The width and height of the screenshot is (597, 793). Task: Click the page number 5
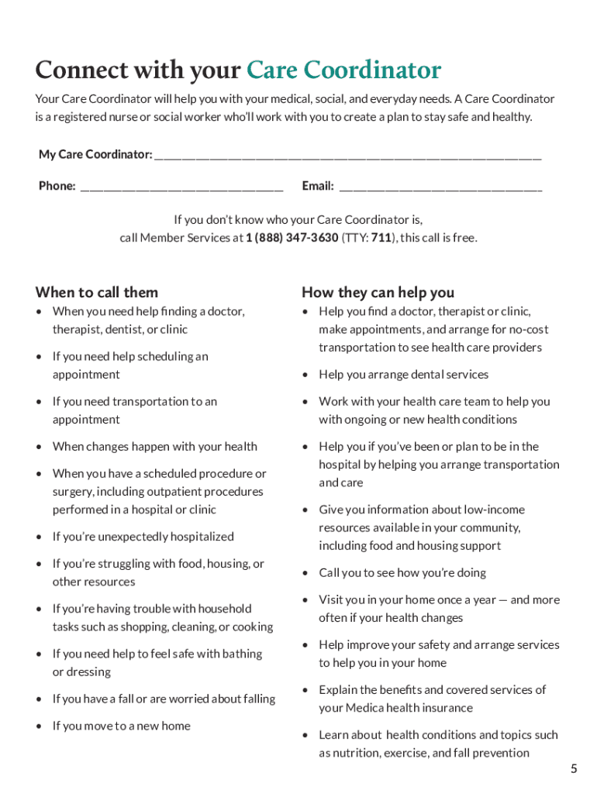(x=574, y=769)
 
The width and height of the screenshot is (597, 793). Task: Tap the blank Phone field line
(x=181, y=188)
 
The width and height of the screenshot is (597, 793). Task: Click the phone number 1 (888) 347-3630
(x=292, y=238)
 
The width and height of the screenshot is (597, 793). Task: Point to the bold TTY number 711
(x=381, y=238)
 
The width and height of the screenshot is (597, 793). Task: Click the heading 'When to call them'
(x=97, y=292)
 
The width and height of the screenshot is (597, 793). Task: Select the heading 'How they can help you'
(x=378, y=292)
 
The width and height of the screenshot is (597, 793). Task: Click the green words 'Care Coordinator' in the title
(x=343, y=70)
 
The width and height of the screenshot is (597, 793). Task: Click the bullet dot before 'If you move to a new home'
(x=40, y=726)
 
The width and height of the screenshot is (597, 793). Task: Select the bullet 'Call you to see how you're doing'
(x=402, y=573)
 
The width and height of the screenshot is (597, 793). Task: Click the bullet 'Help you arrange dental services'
(x=403, y=375)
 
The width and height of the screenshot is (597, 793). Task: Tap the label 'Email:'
(x=318, y=186)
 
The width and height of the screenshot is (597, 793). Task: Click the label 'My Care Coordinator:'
(x=95, y=155)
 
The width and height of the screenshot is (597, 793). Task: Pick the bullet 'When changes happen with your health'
(x=154, y=447)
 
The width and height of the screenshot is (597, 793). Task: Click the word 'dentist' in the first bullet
(x=123, y=330)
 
